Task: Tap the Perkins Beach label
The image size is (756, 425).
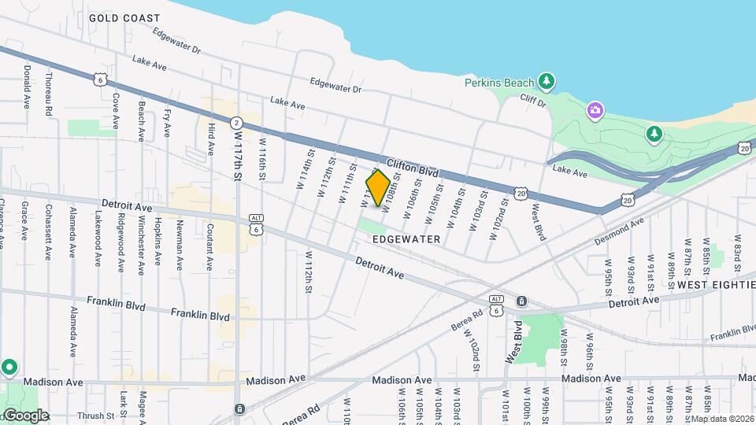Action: tap(498, 82)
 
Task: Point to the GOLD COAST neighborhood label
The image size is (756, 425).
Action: tap(124, 17)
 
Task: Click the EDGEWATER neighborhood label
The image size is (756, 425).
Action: tap(407, 238)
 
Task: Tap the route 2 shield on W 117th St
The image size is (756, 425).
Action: tap(236, 123)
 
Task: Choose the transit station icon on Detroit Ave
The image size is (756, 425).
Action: tap(521, 301)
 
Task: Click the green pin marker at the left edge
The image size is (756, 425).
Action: tap(9, 368)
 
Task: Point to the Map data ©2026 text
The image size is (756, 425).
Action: tap(722, 419)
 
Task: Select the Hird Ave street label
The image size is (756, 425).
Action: tap(211, 139)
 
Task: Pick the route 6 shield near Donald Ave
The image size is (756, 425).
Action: tap(99, 79)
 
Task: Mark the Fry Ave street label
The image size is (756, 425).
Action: tap(167, 124)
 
